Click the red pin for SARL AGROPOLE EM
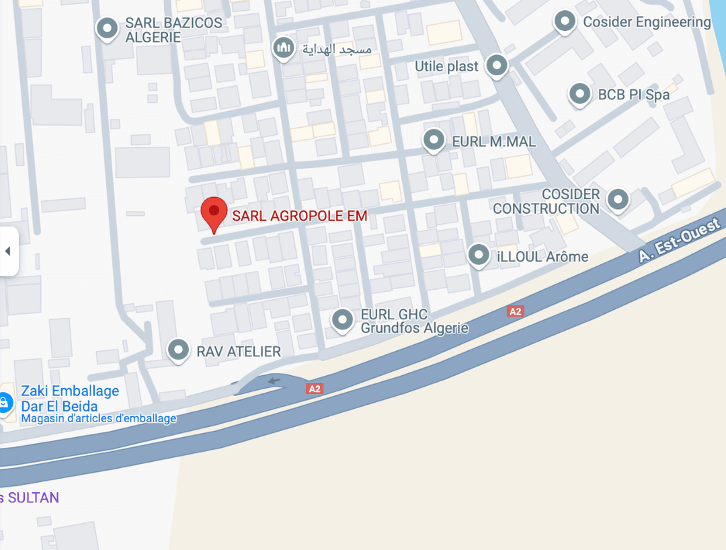coord(214,213)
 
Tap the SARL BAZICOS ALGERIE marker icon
coord(108,29)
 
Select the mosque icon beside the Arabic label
coord(284,48)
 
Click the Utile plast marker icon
coord(497,66)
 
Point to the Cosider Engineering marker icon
coord(565,22)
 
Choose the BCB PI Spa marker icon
coord(579,94)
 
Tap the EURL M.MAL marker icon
coord(434,141)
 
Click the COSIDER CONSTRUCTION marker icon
coord(617,199)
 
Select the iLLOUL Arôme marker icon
coord(479,255)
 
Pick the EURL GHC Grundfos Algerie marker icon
coord(343,320)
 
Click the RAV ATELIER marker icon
coord(178,350)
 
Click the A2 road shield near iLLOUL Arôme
coord(516,311)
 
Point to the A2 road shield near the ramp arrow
coord(315,389)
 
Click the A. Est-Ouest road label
coord(679,239)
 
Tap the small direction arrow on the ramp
coord(274,381)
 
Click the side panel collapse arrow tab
coord(8,251)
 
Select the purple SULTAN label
coord(31,498)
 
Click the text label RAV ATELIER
coord(239,351)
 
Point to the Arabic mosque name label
coord(337,48)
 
